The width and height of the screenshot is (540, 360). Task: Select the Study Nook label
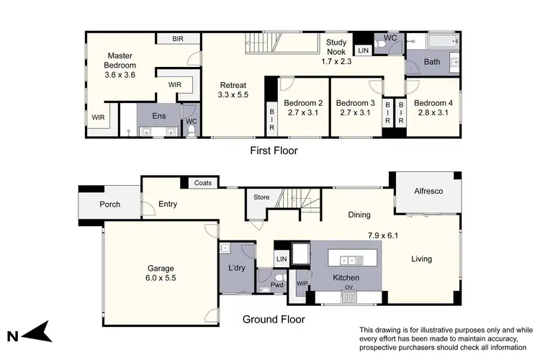click(336, 46)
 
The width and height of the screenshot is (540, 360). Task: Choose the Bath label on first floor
click(432, 62)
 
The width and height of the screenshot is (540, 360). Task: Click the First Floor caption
click(273, 151)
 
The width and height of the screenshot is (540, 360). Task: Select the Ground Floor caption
click(273, 320)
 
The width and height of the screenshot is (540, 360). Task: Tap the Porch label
click(109, 204)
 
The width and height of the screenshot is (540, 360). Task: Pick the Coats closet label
click(202, 184)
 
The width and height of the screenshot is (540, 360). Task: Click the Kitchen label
click(346, 277)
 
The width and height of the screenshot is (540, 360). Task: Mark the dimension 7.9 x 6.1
click(383, 235)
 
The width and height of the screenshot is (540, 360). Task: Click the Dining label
click(359, 215)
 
